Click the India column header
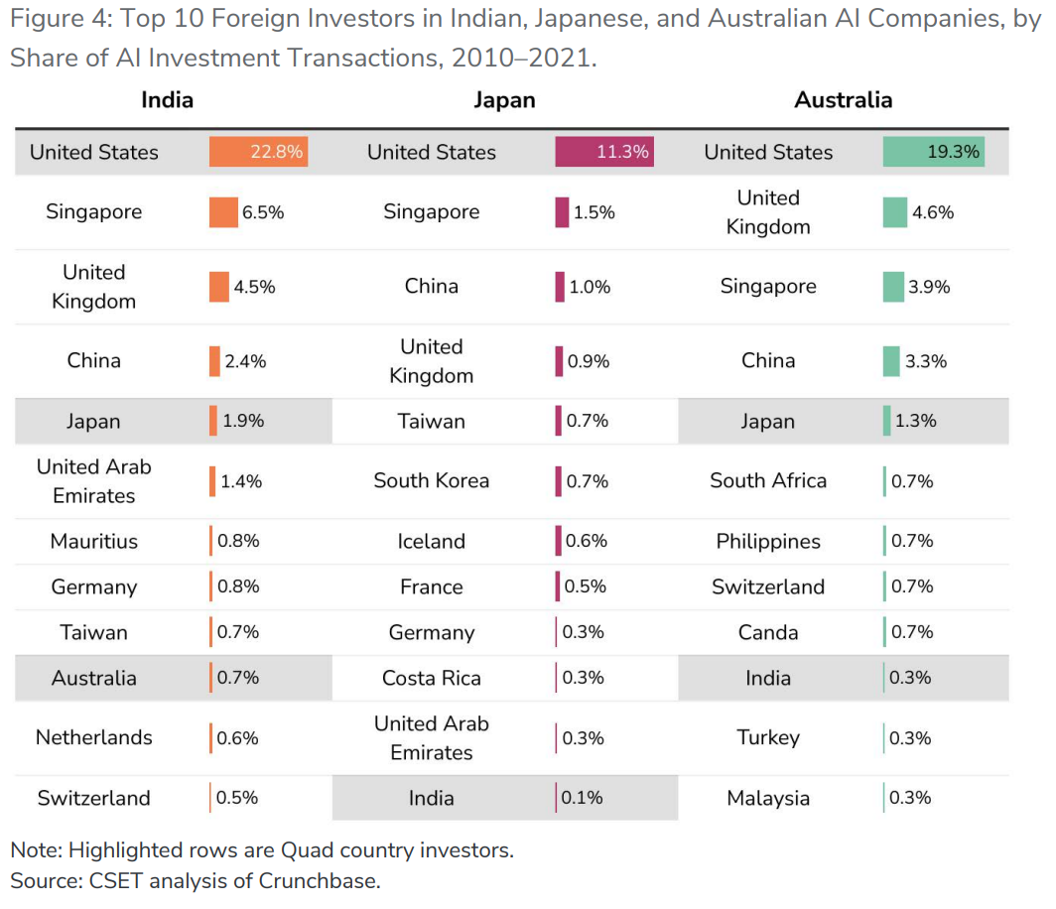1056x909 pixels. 167,100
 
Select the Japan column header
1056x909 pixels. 504,100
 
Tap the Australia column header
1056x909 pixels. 843,100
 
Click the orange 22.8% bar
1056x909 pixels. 258,152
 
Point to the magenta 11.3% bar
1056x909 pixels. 603,152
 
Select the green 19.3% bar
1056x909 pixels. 933,152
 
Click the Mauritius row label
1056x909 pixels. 94,541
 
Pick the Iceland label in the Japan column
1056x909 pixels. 431,541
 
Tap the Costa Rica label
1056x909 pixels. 431,678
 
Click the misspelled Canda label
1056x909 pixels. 768,632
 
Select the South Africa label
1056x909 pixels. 768,480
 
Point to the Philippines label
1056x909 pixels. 768,541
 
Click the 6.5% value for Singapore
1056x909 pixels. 263,212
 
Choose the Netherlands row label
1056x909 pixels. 94,737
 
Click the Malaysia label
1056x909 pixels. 768,798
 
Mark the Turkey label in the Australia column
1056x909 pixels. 768,737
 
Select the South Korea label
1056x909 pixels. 431,480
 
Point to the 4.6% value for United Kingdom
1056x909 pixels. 932,212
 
